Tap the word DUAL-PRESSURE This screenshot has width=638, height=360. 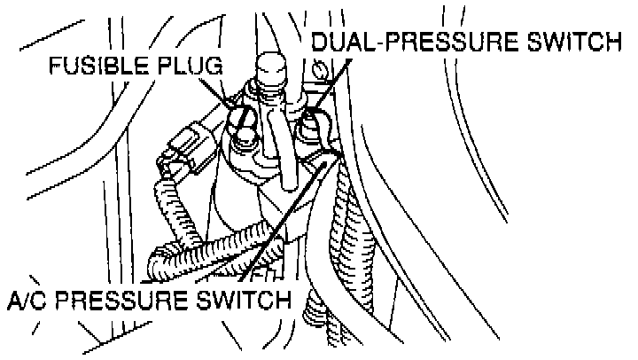(x=401, y=42)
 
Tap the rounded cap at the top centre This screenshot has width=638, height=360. (x=269, y=68)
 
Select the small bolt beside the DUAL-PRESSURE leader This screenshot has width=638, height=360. (x=320, y=67)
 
